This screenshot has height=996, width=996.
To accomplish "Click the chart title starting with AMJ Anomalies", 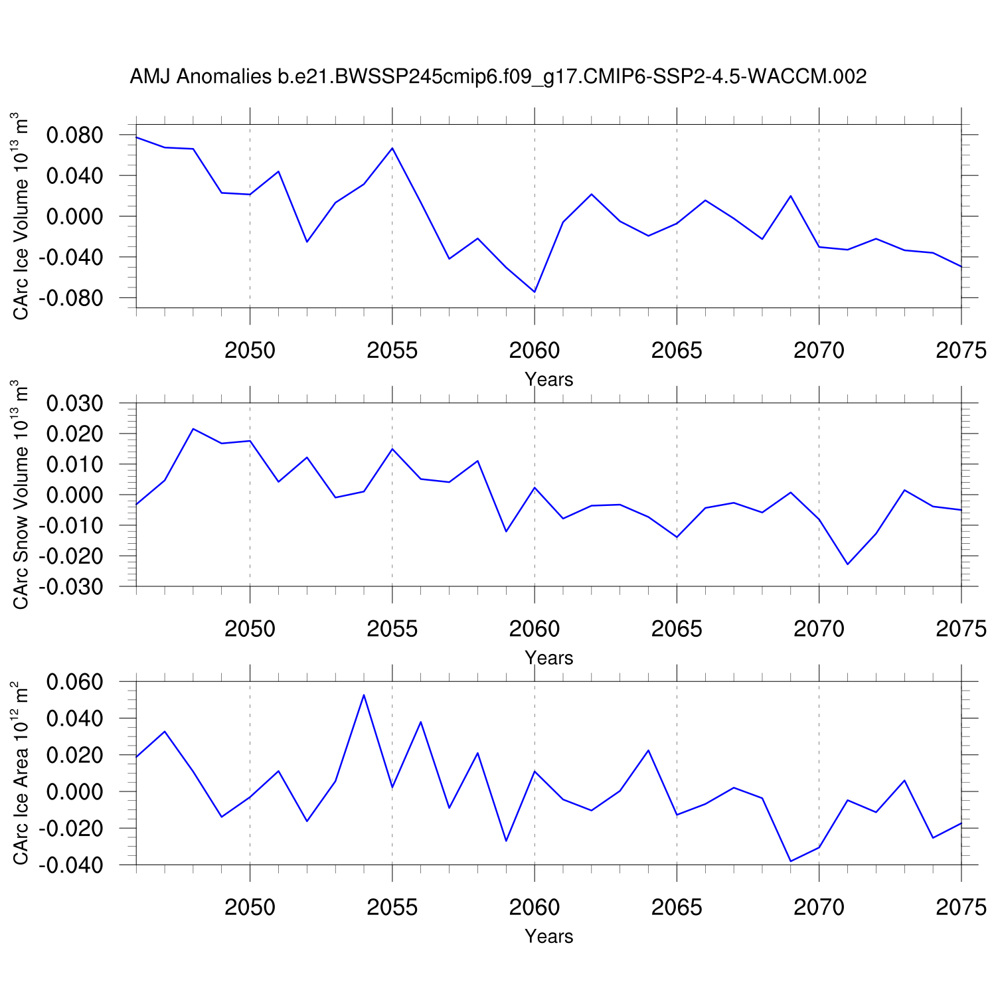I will [498, 77].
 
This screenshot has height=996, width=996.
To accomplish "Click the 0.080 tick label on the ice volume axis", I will [75, 135].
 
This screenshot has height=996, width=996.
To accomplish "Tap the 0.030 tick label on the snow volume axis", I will [75, 404].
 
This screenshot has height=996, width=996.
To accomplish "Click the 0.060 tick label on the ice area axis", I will [75, 682].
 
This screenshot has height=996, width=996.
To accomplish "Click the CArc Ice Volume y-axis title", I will [21, 216].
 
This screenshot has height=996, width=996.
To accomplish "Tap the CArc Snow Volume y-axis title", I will [21, 495].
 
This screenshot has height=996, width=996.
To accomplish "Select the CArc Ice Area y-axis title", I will [21, 773].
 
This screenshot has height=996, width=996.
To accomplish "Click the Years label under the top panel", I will [548, 380].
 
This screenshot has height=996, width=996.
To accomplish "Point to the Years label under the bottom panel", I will [548, 936].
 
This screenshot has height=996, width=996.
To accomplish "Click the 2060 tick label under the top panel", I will [535, 351].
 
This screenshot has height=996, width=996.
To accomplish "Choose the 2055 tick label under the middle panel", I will [392, 629].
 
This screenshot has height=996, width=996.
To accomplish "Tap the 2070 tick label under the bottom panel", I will [819, 907].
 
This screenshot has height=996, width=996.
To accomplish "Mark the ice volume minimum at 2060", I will [535, 292].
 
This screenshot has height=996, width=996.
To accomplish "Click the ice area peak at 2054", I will [364, 695].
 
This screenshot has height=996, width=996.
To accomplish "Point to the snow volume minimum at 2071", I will [847, 564].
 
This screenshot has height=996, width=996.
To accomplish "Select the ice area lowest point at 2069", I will [790, 861].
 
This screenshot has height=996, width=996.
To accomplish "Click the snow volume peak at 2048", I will [193, 429].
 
